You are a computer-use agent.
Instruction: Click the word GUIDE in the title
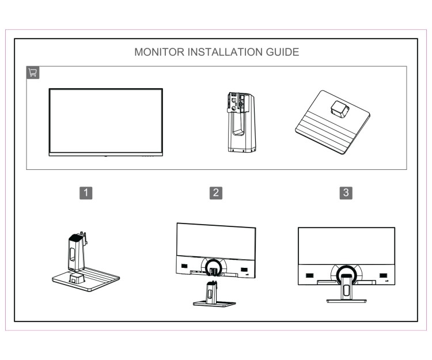[282, 52]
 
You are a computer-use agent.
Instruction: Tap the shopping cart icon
[33, 73]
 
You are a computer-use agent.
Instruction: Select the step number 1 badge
[86, 192]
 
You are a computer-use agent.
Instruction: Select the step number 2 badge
[215, 192]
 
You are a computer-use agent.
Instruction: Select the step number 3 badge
[346, 192]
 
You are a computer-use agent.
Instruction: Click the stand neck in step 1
[77, 251]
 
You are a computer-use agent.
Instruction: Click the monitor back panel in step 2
[215, 242]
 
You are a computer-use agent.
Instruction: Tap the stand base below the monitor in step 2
[214, 302]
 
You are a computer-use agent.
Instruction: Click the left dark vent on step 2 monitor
[184, 266]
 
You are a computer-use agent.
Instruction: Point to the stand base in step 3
[345, 300]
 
